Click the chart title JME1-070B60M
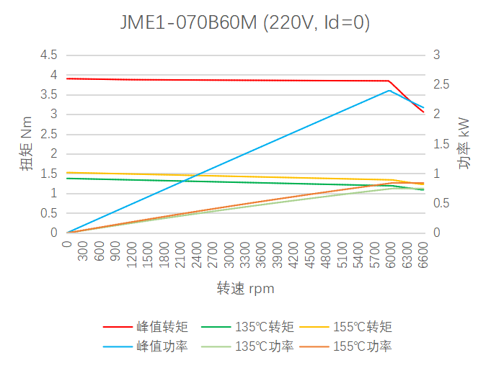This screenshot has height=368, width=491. (245, 23)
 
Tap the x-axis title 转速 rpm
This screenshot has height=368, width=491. (245, 289)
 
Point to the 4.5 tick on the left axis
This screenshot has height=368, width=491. (48, 55)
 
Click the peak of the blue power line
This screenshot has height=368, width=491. (389, 90)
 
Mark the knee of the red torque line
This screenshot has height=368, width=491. (389, 81)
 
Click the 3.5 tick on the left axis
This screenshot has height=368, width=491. (48, 94)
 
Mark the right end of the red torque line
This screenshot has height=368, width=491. (423, 112)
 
